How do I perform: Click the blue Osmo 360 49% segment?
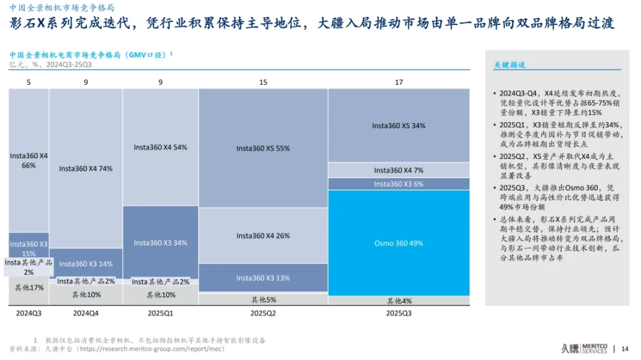point(399,243)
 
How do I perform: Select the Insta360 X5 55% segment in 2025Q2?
point(263,148)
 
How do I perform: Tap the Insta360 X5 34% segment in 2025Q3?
point(399,125)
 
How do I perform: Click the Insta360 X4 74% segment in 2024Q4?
point(85,168)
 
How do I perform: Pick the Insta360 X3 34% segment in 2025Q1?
point(160,242)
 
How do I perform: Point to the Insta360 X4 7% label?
point(399,170)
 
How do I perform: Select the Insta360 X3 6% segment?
point(399,184)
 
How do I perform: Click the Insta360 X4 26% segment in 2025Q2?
point(263,235)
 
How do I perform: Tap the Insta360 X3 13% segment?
point(263,278)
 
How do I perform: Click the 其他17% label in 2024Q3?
point(29,287)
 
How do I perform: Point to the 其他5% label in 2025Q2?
point(263,300)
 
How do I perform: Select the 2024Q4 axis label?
point(85,313)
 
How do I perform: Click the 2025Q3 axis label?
point(399,313)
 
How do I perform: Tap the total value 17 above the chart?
point(399,82)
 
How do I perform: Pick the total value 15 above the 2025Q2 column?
point(263,82)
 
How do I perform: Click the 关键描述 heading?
point(510,65)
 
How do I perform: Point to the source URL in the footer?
point(151,349)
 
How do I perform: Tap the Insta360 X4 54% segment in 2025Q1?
point(160,147)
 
